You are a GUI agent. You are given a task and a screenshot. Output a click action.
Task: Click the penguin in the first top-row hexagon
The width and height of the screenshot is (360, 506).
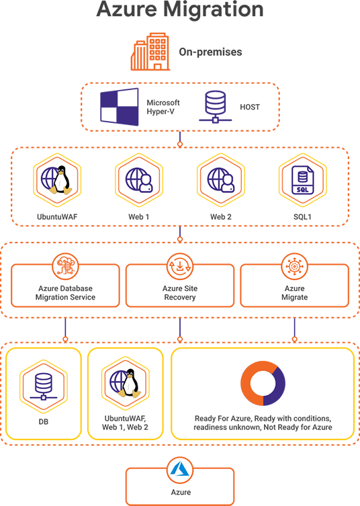tap(62, 179)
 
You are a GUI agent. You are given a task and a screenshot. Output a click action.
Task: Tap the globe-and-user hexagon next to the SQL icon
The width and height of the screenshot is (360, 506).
tap(220, 180)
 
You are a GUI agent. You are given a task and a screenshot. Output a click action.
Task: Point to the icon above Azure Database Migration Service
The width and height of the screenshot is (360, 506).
tap(65, 267)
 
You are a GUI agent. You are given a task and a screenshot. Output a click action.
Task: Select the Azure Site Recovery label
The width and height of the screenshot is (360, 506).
tap(180, 292)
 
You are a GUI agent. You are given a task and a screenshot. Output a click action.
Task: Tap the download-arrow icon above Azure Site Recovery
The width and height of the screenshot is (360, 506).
tap(180, 267)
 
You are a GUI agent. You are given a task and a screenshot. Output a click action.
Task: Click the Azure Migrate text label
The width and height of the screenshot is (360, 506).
tap(294, 292)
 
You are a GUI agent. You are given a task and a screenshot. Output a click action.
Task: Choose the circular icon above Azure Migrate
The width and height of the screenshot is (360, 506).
tap(294, 267)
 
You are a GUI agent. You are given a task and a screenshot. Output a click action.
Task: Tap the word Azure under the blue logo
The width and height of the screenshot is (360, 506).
tap(180, 492)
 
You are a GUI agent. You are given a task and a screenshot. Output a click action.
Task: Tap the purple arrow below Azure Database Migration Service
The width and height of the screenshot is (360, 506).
tap(65, 327)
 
